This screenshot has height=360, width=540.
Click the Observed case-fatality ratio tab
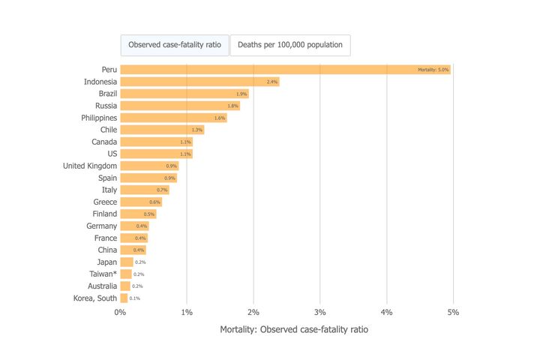coord(175,45)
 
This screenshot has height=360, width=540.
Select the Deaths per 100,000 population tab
coord(290,45)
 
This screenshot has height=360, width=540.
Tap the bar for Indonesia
coord(199,82)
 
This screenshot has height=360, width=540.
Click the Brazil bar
coord(184,94)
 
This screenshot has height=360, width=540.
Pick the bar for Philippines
coord(173,118)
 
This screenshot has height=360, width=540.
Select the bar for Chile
coord(162,130)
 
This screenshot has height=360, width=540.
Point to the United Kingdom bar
coord(149,166)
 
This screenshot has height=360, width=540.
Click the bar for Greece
coord(141,202)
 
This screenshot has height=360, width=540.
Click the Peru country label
coord(109,70)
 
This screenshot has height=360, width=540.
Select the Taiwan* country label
coord(102,274)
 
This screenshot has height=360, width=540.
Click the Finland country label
coord(104,214)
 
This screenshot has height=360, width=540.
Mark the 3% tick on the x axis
coord(320,311)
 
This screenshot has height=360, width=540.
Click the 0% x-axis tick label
coord(120,311)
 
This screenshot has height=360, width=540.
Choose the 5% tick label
coord(454,311)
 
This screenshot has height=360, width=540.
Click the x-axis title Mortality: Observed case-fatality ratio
coord(294,329)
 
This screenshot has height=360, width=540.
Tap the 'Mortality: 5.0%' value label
coord(433,70)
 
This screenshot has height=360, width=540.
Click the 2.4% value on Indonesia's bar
coord(272,82)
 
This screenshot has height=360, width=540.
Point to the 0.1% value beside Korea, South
coord(135,298)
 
